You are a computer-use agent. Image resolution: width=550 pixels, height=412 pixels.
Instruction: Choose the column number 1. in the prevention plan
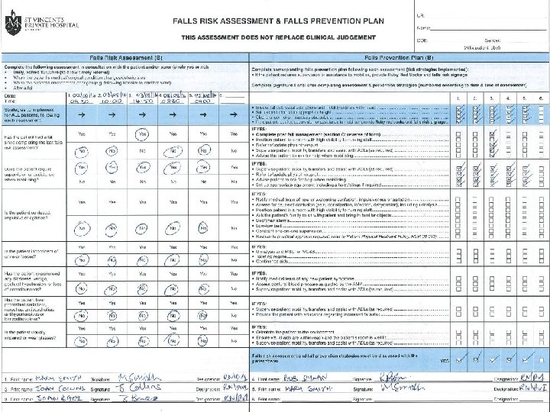tap(458, 98)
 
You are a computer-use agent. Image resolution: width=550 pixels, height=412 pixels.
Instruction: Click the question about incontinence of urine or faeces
tap(31, 253)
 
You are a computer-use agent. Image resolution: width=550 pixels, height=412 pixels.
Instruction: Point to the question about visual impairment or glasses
tap(31, 335)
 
